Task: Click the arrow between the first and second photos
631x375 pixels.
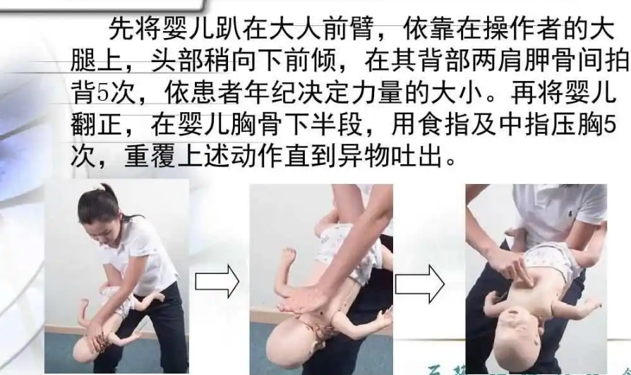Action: coord(217,281)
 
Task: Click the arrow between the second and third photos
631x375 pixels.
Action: coord(419,284)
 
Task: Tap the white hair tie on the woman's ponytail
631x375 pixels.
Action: coord(100,187)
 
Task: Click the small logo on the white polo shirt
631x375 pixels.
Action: coord(572,214)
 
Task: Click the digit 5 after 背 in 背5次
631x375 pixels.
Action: coord(103,93)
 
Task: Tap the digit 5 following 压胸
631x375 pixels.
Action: coord(610,125)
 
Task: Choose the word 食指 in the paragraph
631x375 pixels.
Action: coord(445,125)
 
